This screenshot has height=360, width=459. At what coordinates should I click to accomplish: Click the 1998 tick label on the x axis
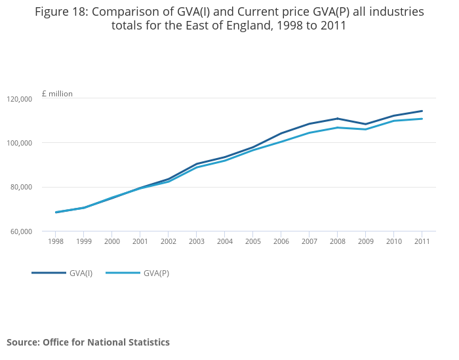click(55, 241)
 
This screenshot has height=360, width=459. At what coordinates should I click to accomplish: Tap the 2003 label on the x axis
click(196, 241)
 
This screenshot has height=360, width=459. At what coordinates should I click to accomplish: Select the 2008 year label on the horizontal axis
click(337, 241)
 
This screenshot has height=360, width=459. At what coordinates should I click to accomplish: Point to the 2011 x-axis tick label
click(422, 241)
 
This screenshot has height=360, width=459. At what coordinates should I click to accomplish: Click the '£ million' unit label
click(57, 94)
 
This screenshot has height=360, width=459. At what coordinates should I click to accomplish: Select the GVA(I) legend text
click(81, 273)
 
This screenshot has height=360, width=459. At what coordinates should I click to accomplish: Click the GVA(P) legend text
click(156, 273)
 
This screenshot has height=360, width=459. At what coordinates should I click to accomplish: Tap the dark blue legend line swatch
click(49, 273)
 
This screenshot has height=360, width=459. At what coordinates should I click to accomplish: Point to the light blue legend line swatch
click(123, 273)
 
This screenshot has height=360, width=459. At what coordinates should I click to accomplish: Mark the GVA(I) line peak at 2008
click(337, 119)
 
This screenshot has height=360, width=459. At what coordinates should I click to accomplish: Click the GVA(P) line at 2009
click(365, 129)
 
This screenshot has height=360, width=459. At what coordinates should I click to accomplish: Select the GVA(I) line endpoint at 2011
click(422, 111)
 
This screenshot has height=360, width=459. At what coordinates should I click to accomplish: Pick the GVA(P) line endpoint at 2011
click(422, 119)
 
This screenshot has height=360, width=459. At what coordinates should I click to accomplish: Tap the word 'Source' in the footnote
click(21, 342)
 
